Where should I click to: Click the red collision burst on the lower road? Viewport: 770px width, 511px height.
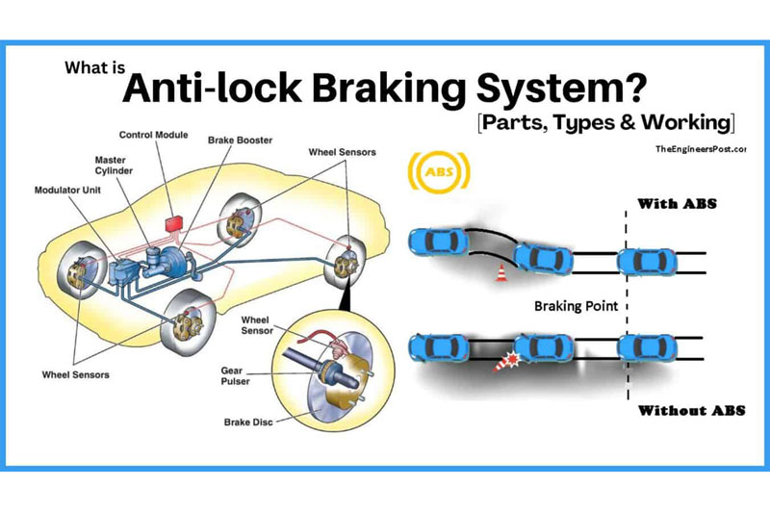point(500,365)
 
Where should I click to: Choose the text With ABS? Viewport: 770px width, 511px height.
point(679,204)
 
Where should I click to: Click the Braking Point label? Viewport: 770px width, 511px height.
point(577,306)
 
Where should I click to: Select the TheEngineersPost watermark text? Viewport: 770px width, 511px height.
point(700,150)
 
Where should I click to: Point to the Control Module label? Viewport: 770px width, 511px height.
point(154,134)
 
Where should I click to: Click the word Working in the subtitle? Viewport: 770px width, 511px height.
point(688,124)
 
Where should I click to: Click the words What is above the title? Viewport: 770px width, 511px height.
point(92,68)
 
